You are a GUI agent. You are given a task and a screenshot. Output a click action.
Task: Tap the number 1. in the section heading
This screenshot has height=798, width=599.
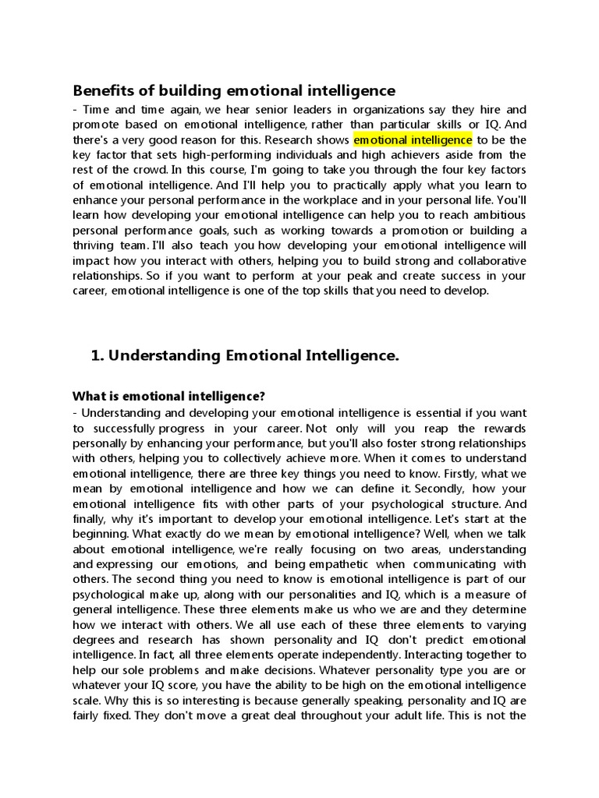pyautogui.click(x=97, y=356)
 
